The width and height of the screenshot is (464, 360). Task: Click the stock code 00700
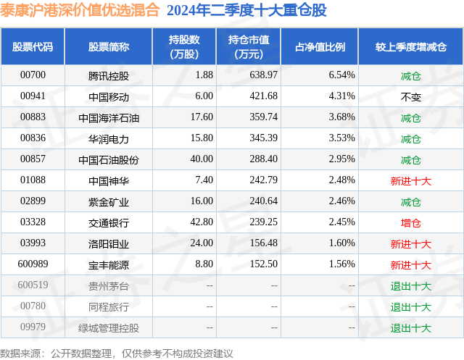tap(33, 75)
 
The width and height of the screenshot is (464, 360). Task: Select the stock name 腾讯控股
tap(108, 75)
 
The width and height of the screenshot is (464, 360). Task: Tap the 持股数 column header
tap(183, 46)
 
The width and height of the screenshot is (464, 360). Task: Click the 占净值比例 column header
tap(320, 46)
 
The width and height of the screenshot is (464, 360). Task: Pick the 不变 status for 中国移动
tap(410, 96)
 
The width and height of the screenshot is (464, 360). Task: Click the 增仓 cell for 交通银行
tap(410, 222)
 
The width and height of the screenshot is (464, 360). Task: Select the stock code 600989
tap(33, 264)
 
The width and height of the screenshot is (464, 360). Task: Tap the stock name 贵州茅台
tap(108, 285)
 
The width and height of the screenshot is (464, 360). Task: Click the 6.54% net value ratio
tap(341, 75)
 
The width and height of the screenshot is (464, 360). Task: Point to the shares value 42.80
tap(199, 222)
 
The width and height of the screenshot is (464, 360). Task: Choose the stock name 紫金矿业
tap(108, 201)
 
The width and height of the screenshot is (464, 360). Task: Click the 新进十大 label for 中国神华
tap(410, 180)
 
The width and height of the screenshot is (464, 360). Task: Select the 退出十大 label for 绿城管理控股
tap(410, 327)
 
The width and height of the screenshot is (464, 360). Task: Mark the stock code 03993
tap(33, 243)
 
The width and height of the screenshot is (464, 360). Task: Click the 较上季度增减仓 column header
tap(410, 46)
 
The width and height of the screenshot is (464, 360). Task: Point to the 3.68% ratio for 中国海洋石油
tap(341, 117)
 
